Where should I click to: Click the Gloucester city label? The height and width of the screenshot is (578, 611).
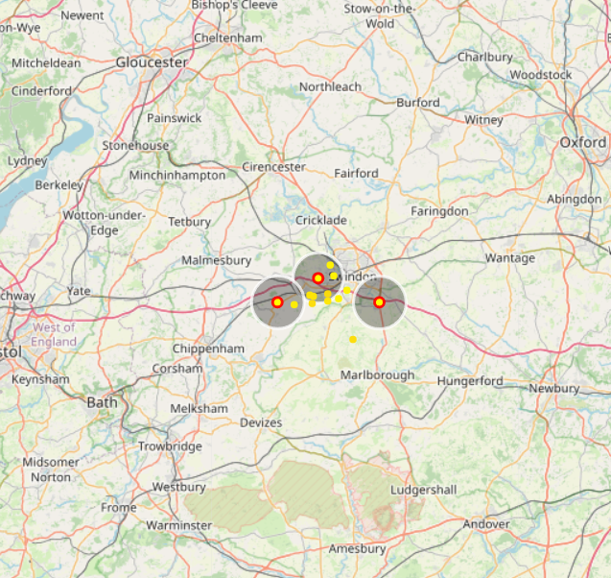(x=152, y=61)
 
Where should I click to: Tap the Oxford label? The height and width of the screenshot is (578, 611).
(x=583, y=142)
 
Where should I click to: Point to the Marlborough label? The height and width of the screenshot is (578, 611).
(x=378, y=374)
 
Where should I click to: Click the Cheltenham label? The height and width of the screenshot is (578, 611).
(x=227, y=37)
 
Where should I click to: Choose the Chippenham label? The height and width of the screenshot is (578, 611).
(x=208, y=349)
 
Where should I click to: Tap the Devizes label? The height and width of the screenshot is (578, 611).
(x=261, y=422)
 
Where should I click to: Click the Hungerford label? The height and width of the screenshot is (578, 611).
(x=470, y=381)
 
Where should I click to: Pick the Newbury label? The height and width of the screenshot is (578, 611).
(x=554, y=389)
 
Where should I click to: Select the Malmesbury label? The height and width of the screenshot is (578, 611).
(x=216, y=260)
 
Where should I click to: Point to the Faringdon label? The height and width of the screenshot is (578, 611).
(x=439, y=210)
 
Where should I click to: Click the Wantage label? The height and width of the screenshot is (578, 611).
(x=510, y=258)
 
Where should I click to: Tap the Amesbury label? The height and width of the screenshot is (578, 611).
(x=357, y=549)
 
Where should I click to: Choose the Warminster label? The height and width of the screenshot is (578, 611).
(x=178, y=525)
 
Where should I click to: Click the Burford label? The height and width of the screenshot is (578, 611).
(x=418, y=103)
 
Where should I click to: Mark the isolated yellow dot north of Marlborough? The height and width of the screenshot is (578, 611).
(x=353, y=339)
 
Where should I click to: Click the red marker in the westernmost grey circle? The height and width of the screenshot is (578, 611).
(x=277, y=302)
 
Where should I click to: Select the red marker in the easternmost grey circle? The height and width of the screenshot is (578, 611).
(x=379, y=302)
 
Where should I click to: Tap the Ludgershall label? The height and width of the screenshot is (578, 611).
(x=423, y=490)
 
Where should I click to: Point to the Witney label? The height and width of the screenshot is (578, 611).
(x=483, y=120)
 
